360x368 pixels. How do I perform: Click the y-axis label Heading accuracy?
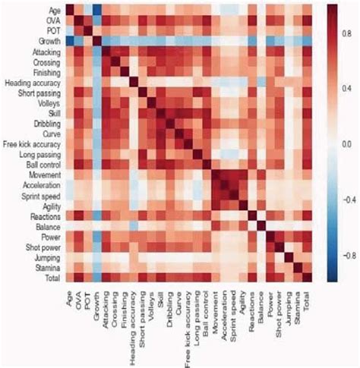[32, 82]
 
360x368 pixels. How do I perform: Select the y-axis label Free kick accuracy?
[33, 143]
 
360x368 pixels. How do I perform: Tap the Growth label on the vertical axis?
[48, 41]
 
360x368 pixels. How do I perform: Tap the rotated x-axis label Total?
[308, 300]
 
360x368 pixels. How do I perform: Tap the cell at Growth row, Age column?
[69, 41]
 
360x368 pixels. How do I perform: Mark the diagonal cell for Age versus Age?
[69, 11]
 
